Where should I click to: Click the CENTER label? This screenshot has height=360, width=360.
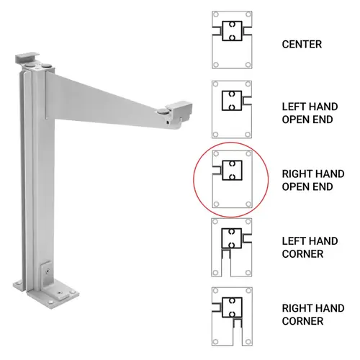302,45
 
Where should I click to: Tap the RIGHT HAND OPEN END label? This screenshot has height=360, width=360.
312,180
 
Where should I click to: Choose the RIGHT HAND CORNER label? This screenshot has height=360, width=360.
312,315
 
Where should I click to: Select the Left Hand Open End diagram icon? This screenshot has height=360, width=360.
231,108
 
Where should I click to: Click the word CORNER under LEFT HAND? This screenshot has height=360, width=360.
302,253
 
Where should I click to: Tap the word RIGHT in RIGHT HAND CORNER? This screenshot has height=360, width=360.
295,308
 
